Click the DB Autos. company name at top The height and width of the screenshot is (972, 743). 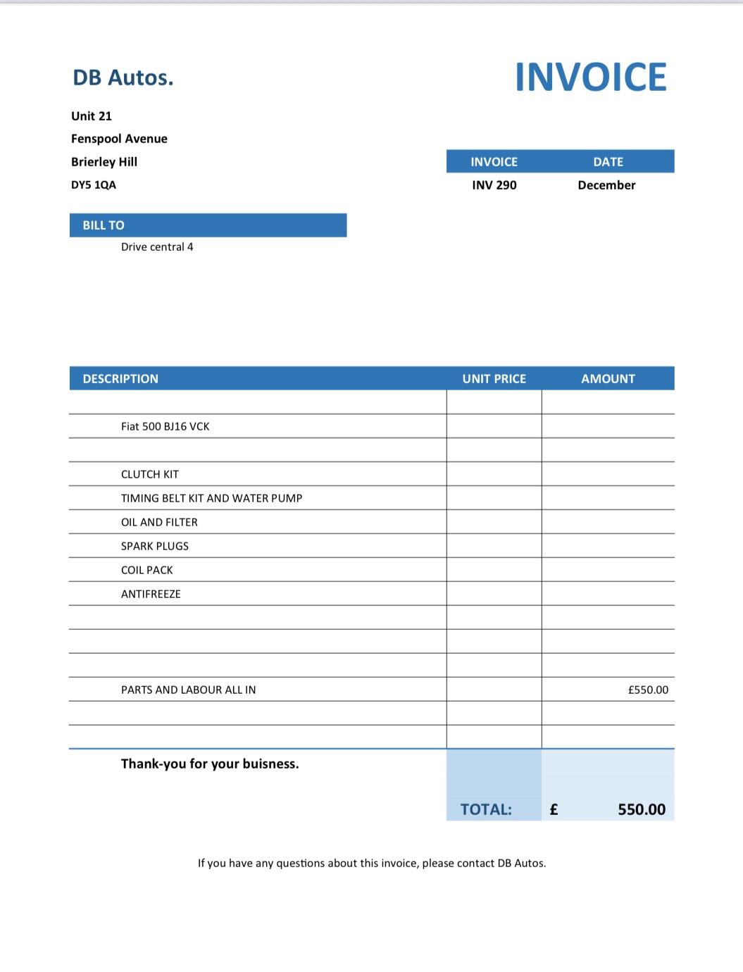123,77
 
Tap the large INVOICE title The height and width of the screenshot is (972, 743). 590,77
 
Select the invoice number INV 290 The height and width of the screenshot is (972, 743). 494,185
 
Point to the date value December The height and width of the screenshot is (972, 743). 606,185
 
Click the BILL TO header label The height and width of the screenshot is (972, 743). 104,225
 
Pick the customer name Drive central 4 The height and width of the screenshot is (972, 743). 157,247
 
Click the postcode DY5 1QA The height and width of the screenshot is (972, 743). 94,185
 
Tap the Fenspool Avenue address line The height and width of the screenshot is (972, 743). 119,139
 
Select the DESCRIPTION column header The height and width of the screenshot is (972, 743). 120,379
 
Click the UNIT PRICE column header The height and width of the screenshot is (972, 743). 494,379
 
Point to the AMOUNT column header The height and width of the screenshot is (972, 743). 608,379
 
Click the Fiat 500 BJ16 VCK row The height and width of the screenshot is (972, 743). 165,427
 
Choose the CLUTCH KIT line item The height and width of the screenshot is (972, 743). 150,475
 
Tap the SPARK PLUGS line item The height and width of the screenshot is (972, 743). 155,547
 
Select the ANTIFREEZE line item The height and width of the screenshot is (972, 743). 151,594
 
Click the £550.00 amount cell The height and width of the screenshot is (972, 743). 648,690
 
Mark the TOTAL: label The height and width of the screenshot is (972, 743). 486,810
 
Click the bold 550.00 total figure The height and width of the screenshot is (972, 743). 642,810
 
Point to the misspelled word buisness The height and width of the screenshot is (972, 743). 270,764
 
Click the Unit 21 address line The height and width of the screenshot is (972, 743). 92,116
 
